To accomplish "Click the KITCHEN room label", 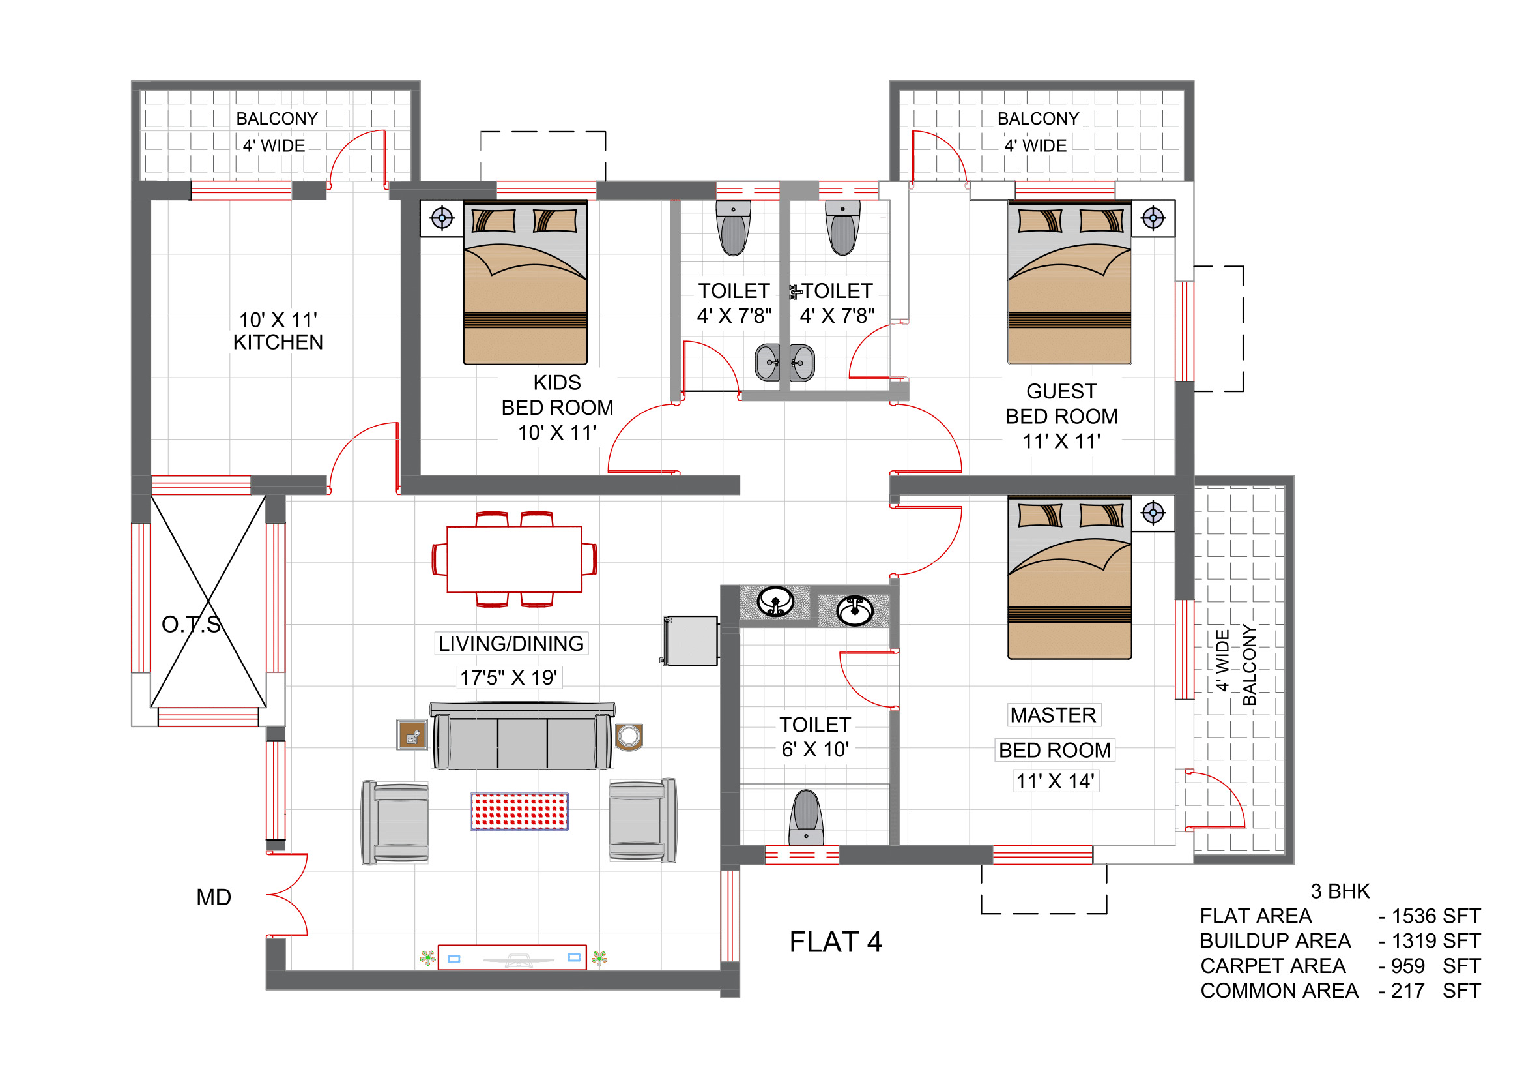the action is [278, 343].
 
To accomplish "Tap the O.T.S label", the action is [191, 624].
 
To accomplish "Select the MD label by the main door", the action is [214, 897].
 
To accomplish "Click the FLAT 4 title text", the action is [836, 942].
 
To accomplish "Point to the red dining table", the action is [515, 560].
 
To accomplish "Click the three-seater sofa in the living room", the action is [523, 736].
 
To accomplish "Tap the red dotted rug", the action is [519, 811].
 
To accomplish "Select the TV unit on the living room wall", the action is [511, 958].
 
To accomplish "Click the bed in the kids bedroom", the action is [525, 283].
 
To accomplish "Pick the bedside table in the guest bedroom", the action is [1153, 218].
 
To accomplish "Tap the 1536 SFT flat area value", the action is [1436, 916].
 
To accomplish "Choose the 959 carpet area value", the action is [1408, 966].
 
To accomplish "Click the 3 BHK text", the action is [1340, 891].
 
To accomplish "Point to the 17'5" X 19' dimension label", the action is [508, 678].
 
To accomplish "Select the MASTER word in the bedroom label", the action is [1054, 715].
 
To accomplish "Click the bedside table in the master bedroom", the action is [1153, 513].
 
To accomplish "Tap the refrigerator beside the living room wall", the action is [689, 640].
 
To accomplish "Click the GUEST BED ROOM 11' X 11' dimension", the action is [1061, 442].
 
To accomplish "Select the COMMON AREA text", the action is [1279, 991].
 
